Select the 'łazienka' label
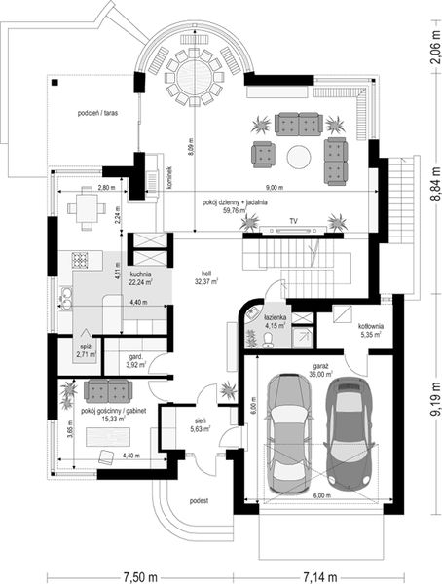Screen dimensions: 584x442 (275, 318)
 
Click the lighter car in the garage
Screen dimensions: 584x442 (287, 433)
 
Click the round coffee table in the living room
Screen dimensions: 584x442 (299, 156)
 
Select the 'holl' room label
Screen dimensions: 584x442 (205, 274)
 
